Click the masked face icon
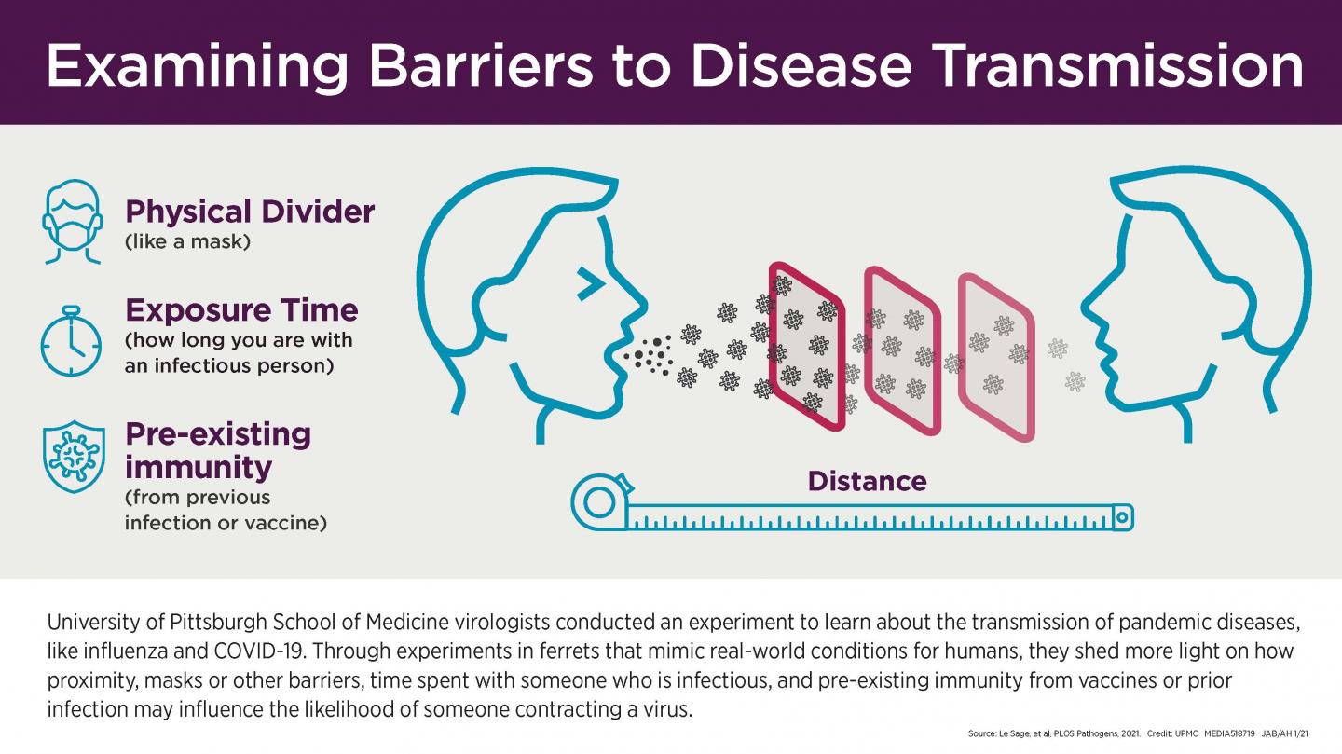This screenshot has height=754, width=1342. [x=71, y=221]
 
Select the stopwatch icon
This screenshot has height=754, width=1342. [x=71, y=341]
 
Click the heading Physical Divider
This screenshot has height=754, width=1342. [x=249, y=212]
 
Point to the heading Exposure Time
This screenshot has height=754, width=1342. [x=240, y=309]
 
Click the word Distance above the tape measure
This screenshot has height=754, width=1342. [x=867, y=481]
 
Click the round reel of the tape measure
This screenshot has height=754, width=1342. [x=597, y=501]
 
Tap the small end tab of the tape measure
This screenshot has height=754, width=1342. [x=1123, y=514]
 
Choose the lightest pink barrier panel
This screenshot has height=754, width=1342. [x=996, y=356]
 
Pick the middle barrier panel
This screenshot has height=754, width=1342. [x=902, y=350]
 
